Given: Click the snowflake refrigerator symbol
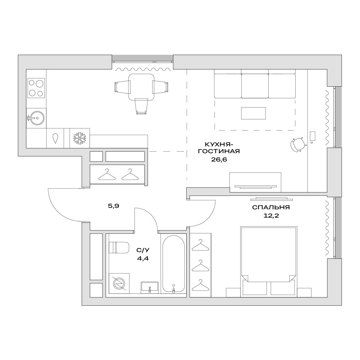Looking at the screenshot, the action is [x=79, y=138].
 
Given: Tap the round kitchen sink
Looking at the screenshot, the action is [x=36, y=118].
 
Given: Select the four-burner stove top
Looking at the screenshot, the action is [x=36, y=88].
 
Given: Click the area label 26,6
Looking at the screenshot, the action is [x=219, y=159].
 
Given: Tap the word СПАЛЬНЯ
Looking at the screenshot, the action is [x=271, y=207].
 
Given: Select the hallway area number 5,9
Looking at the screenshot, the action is [x=114, y=206].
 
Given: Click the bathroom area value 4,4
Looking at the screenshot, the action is [x=142, y=259].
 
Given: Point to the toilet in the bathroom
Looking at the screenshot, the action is [x=118, y=247].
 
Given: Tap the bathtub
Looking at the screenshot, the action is [x=173, y=264].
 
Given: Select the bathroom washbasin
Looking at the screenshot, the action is [x=150, y=287].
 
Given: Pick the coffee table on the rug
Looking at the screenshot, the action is [x=253, y=113].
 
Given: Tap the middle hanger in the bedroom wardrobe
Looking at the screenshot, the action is [x=200, y=265].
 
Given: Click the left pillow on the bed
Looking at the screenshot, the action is [x=255, y=288].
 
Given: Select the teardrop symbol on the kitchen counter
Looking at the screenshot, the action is [x=55, y=138].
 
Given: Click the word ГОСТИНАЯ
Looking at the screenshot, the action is [x=219, y=151].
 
